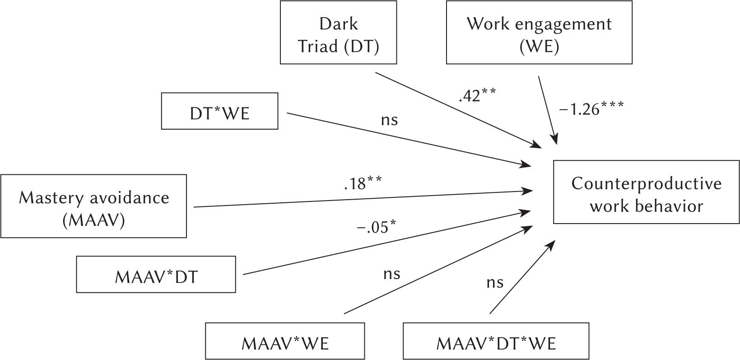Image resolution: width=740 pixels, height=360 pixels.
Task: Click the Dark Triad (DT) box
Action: pyautogui.click(x=338, y=33)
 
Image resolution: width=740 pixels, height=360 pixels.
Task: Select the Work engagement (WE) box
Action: pyautogui.click(x=539, y=33)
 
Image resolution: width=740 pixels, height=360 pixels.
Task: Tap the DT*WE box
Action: pyautogui.click(x=219, y=111)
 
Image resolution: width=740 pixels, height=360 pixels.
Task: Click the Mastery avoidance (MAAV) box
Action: pyautogui.click(x=93, y=206)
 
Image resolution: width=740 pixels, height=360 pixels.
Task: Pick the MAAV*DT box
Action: pyautogui.click(x=156, y=275)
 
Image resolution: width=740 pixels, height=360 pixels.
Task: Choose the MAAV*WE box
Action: pyautogui.click(x=285, y=341)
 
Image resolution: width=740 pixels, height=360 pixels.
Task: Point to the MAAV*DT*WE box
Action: pyautogui.click(x=496, y=341)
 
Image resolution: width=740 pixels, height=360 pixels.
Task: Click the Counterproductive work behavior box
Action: pyautogui.click(x=646, y=192)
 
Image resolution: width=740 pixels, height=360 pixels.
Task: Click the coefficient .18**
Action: pyautogui.click(x=362, y=183)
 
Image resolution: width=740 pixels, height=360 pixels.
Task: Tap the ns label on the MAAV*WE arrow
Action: pyautogui.click(x=391, y=273)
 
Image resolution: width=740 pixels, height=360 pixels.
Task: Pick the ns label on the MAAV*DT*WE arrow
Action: pyautogui.click(x=495, y=282)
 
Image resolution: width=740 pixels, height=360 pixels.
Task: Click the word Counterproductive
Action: pyautogui.click(x=646, y=184)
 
